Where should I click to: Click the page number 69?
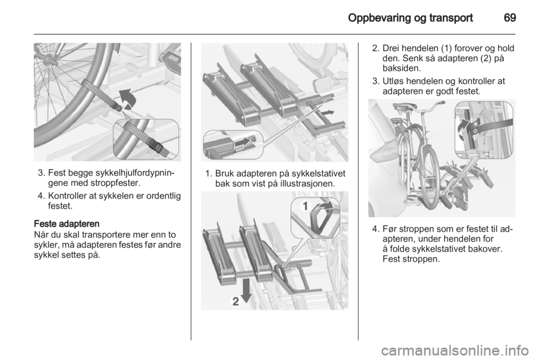point(510,17)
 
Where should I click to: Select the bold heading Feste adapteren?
point(67,224)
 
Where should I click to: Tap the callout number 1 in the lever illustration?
point(305,206)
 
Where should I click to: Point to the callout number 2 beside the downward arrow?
point(236,301)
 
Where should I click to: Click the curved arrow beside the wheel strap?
point(128,99)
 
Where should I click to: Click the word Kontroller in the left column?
point(67,196)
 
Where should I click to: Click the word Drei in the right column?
point(391,48)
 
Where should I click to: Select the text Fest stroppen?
point(411,259)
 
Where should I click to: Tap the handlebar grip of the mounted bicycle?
point(442,102)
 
